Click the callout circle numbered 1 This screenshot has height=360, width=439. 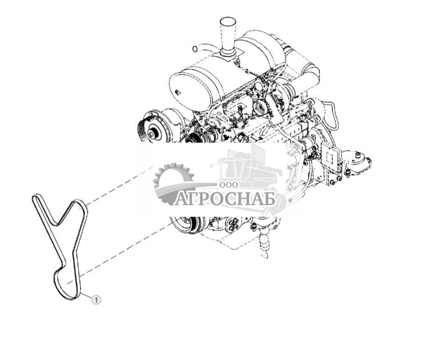pos(97,300)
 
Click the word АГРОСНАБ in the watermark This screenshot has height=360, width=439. pos(225,199)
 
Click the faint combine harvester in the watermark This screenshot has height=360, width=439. pos(247,168)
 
